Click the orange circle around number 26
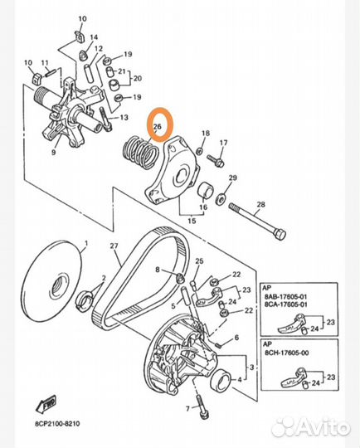point(148,124)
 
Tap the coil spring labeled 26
point(140,153)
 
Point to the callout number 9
point(53,153)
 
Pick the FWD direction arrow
point(46,403)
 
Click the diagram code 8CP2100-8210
point(57,423)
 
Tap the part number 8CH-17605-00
point(286,353)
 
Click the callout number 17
point(223,143)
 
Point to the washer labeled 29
point(221,198)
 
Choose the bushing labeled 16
point(206,191)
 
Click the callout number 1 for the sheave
point(86,243)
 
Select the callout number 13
point(124,118)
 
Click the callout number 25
point(200,261)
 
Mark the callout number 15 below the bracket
point(192,221)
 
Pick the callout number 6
point(236,338)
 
